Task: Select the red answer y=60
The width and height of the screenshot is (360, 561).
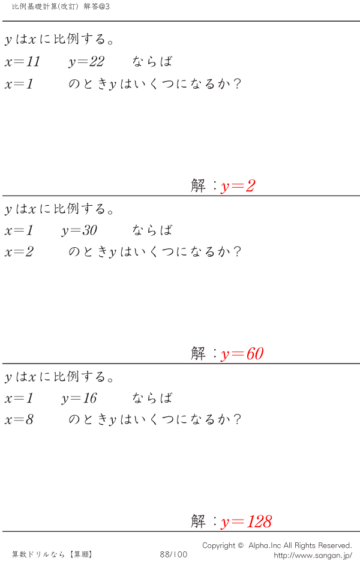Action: tap(242, 354)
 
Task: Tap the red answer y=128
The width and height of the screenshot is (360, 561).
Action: tap(246, 522)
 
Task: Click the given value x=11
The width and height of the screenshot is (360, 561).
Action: tap(22, 62)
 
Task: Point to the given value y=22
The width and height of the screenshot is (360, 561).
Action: tap(86, 62)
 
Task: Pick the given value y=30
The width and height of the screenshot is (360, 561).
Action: tap(79, 230)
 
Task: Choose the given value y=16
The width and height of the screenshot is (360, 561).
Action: tap(79, 398)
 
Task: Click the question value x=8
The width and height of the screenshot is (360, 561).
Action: tap(19, 419)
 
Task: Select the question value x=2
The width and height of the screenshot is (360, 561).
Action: tap(19, 252)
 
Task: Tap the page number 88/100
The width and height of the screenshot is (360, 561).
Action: tap(173, 554)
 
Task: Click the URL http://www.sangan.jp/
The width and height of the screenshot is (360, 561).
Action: tap(313, 555)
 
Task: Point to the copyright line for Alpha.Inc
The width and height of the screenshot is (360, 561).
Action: tap(277, 545)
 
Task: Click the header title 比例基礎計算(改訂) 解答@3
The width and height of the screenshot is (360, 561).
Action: tap(61, 7)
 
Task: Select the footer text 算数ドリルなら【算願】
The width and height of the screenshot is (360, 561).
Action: tap(52, 554)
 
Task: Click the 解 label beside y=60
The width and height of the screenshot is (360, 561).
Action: tap(198, 353)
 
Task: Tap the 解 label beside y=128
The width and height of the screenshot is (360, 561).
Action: tap(198, 521)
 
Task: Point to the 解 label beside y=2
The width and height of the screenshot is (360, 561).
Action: tap(198, 185)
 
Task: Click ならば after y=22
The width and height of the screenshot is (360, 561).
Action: tap(152, 62)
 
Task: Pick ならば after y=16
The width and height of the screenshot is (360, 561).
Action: tap(152, 398)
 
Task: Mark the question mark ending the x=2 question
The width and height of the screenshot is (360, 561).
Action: tap(237, 251)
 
